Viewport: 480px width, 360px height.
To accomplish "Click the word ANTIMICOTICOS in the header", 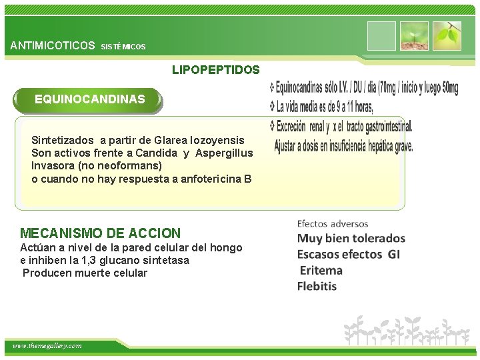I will tap(53, 46).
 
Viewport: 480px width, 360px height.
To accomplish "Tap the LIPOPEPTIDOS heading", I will tap(216, 69).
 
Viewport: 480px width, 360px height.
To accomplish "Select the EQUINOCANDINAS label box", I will tap(89, 99).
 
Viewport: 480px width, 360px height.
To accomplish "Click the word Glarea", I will tap(171, 141).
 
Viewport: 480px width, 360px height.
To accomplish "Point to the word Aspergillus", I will tap(223, 153).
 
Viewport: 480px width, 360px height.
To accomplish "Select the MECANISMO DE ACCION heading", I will tap(100, 233).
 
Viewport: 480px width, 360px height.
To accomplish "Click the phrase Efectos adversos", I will tap(333, 223).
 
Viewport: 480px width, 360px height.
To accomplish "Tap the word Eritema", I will tap(321, 271).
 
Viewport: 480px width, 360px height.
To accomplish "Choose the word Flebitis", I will tap(318, 287).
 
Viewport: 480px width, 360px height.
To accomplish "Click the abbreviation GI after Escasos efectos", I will tap(393, 254).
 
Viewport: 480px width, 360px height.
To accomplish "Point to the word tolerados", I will tap(375, 238).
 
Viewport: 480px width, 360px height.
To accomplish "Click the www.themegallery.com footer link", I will tap(47, 346).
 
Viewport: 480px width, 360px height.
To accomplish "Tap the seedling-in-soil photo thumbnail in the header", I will tap(413, 36).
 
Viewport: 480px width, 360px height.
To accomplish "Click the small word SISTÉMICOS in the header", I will tap(123, 47).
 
